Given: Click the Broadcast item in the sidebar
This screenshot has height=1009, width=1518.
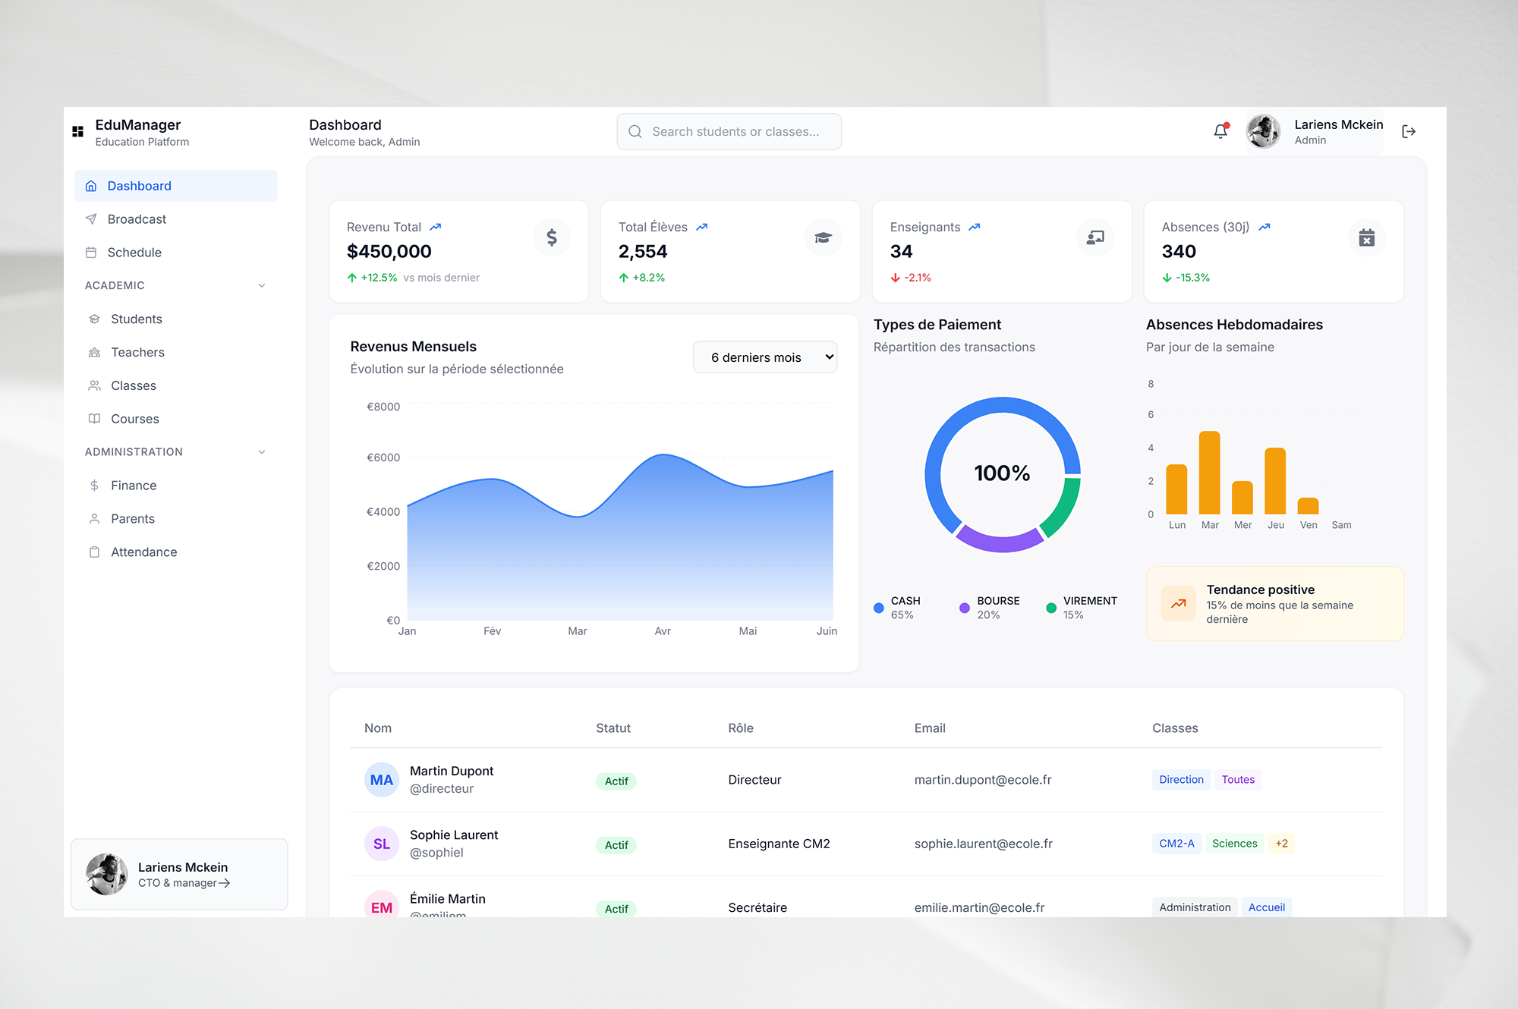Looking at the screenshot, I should tap(137, 219).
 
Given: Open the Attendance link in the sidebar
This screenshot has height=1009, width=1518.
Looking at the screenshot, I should tap(143, 552).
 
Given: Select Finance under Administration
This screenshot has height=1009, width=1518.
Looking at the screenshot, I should tap(134, 486).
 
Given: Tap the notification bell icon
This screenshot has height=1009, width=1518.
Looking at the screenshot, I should tap(1220, 131).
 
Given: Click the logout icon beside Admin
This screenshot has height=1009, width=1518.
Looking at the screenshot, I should tap(1409, 132).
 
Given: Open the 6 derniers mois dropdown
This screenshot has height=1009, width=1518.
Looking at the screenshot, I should tap(764, 357).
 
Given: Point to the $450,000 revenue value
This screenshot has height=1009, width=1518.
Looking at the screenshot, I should tap(389, 252).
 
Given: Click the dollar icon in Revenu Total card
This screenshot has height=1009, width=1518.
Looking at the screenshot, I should tap(552, 237).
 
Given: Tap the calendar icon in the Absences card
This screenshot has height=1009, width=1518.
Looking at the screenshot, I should tap(1366, 237).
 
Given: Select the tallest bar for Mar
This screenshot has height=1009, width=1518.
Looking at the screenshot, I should tap(1209, 473).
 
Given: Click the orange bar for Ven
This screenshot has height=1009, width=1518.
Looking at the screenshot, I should tap(1308, 506).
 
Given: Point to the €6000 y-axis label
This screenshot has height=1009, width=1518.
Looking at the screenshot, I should tap(383, 457).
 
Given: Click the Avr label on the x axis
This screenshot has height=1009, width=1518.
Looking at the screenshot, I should tap(663, 631).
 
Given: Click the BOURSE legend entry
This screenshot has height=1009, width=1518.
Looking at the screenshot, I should tap(990, 608).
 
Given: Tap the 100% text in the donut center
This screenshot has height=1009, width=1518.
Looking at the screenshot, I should tap(1002, 473).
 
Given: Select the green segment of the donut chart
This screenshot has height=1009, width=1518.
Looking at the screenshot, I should tap(1063, 507).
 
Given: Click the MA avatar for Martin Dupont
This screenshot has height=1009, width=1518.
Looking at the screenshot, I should tap(382, 780).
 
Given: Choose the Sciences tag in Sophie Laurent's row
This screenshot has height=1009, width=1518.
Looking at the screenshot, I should tap(1234, 844).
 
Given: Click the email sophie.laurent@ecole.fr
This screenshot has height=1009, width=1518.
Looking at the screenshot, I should tap(983, 844).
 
